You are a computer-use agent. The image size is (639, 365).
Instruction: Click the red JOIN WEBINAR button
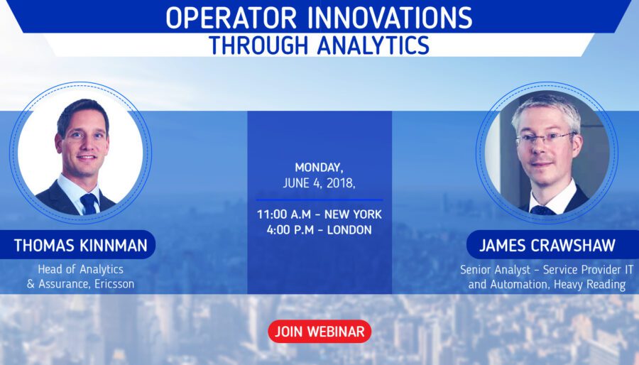(319, 331)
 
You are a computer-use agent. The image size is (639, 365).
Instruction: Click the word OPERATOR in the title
(231, 17)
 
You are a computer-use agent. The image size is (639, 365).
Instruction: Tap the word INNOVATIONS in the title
(390, 17)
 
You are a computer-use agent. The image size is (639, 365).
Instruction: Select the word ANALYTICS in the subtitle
(373, 45)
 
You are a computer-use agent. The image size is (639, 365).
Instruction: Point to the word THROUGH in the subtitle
(258, 45)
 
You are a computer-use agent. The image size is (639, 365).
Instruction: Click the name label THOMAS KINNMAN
(81, 246)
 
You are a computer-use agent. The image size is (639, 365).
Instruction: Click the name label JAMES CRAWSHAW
(547, 246)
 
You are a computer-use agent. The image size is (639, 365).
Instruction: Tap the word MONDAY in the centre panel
(319, 168)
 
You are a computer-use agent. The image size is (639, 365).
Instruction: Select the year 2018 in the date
(341, 183)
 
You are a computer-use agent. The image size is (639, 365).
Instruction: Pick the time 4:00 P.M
(290, 230)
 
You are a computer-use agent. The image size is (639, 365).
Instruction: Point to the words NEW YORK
(353, 214)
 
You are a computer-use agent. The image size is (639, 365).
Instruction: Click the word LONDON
(349, 230)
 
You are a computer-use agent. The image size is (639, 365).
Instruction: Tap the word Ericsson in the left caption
(114, 284)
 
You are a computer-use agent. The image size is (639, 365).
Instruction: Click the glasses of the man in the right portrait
(546, 138)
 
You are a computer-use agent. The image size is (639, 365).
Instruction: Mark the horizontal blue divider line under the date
(319, 200)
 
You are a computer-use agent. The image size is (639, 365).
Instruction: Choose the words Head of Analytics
(81, 269)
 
